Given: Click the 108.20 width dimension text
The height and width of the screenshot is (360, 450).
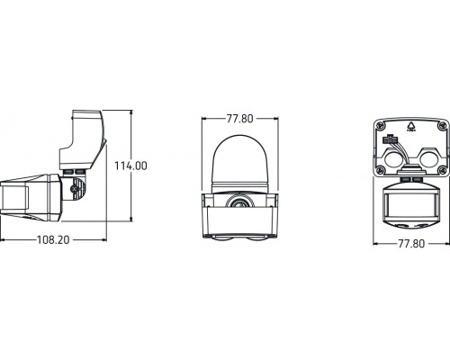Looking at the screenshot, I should click(55, 241).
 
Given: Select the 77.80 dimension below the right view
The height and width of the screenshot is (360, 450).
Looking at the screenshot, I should click(411, 244).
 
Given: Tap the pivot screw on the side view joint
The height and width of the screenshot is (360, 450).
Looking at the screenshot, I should click(71, 190).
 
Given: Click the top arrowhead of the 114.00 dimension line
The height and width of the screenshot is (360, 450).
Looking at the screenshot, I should click(131, 112).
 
